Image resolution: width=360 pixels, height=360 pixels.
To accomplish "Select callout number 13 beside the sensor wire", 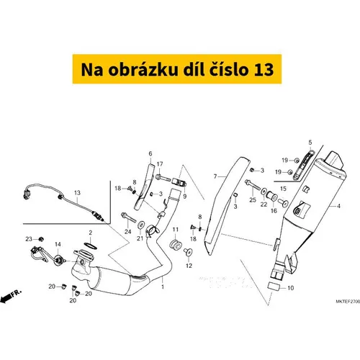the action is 77,193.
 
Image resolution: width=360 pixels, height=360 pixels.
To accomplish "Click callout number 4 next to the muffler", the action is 338,206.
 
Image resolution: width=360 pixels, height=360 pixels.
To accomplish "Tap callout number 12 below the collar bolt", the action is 189,266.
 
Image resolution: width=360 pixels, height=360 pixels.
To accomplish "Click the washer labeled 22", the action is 264,192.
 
